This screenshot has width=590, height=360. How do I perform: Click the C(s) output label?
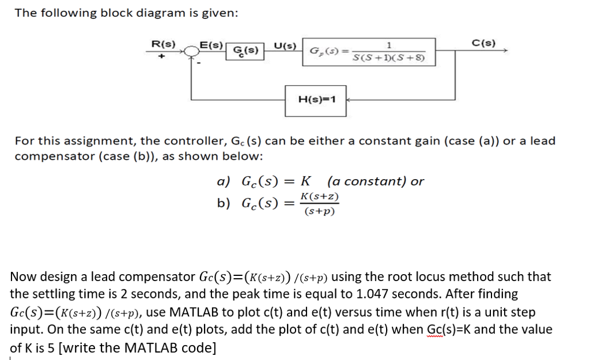pos(482,42)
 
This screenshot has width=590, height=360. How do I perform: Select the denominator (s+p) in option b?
pos(319,211)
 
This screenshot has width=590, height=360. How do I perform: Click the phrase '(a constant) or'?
pos(375,181)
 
